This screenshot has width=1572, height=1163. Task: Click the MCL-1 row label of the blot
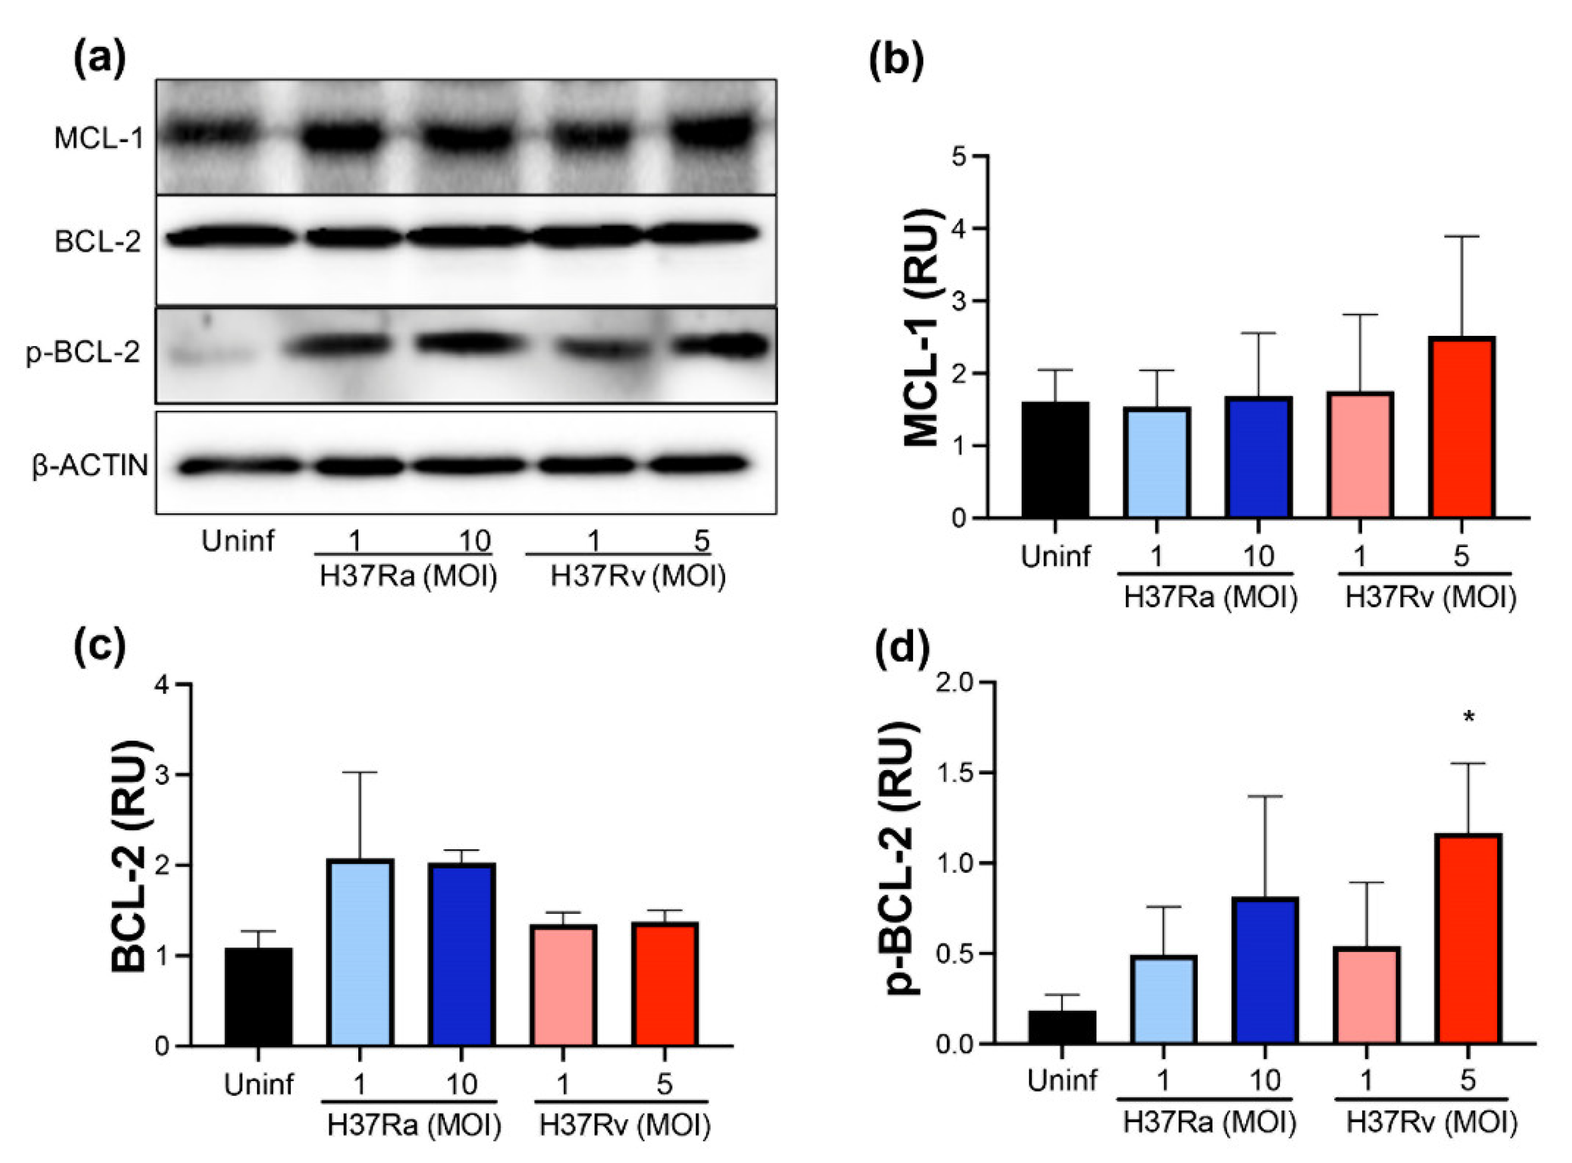click(x=98, y=139)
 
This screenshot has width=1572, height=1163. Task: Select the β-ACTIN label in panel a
click(x=90, y=466)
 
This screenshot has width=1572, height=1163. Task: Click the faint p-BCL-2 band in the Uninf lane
click(x=211, y=356)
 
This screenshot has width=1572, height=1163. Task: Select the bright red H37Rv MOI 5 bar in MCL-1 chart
click(x=1462, y=428)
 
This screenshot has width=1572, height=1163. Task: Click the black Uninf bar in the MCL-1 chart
click(x=1055, y=460)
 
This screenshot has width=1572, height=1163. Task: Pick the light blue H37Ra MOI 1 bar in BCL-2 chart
click(x=360, y=953)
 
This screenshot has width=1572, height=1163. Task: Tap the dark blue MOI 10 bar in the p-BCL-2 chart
click(x=1264, y=970)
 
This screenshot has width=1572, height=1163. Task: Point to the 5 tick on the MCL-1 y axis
click(x=958, y=156)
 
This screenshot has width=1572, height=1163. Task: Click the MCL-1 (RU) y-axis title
click(x=921, y=327)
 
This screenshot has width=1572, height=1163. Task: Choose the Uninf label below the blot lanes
click(x=238, y=541)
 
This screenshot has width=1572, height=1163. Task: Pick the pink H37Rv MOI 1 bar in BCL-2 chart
click(x=564, y=985)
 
